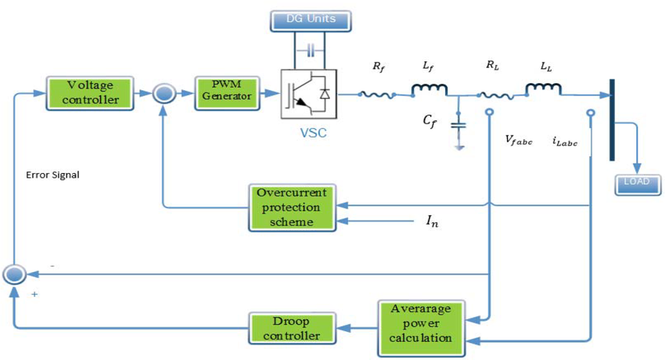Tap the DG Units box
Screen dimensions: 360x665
pos(311,20)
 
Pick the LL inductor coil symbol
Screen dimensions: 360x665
pos(542,91)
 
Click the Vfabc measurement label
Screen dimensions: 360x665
pos(519,141)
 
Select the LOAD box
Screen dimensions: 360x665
pos(638,185)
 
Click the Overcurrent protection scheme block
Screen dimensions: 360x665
pos(291,207)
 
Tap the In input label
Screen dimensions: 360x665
pos(433,222)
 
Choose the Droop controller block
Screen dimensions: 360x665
pos(291,327)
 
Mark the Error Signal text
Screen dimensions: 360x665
pos(52,175)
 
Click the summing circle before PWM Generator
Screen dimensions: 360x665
pos(164,94)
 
